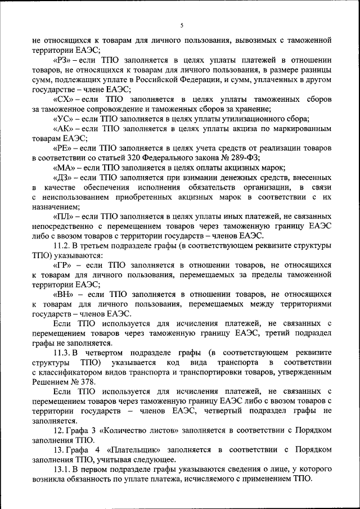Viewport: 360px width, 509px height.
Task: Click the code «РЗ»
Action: pos(62,60)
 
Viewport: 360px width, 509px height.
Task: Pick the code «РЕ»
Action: pos(61,148)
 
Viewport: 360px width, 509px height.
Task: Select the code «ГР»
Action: pos(62,264)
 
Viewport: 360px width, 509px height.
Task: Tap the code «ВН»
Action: pos(62,294)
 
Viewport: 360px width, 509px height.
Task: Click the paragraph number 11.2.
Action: pos(61,245)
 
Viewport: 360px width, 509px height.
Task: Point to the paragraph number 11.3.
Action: pos(61,352)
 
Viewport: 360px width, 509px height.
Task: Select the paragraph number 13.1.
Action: pos(61,469)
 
